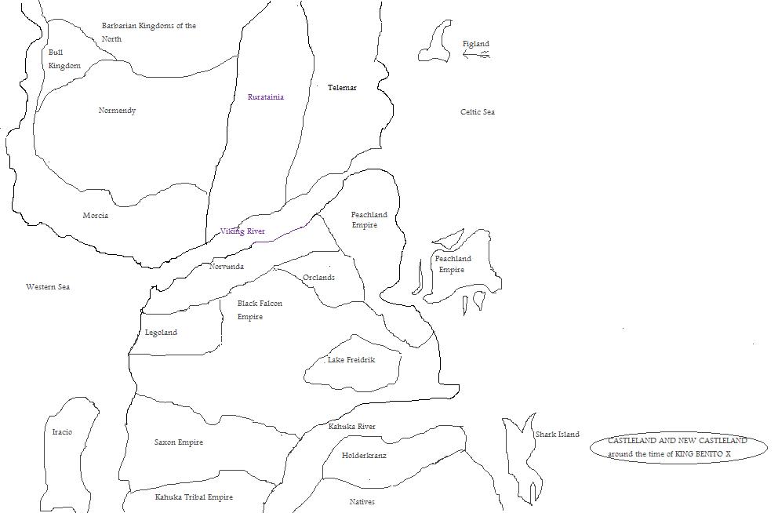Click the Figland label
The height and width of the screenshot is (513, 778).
476,44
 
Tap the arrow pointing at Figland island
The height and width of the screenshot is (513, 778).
477,55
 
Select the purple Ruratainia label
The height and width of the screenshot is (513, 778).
266,97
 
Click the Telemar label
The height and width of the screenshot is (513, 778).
342,88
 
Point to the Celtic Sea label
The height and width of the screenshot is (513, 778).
478,112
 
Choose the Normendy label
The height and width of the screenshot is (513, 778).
117,111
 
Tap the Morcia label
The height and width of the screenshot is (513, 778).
96,216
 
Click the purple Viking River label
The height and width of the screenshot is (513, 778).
242,231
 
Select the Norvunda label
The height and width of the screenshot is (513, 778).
227,267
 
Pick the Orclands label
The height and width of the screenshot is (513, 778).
318,278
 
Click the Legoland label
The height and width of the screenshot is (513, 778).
161,333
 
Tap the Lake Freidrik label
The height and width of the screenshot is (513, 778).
351,360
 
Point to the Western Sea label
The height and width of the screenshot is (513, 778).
48,287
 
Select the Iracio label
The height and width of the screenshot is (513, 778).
62,432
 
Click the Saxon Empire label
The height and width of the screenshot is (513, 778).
179,442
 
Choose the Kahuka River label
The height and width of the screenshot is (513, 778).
352,427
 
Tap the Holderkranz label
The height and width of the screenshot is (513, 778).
364,456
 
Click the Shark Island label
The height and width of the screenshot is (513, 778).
558,435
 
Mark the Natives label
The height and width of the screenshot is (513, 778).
362,502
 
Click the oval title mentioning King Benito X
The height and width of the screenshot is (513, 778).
678,448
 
